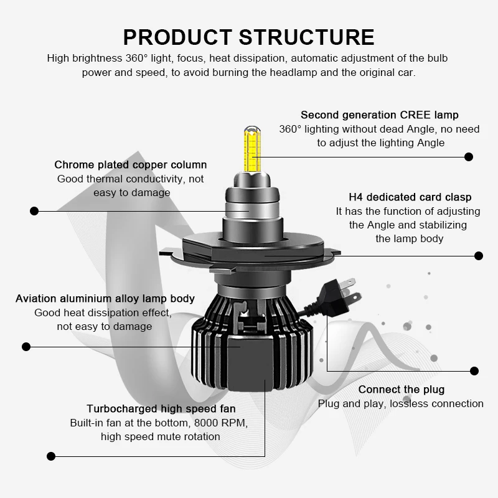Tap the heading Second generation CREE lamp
coord(379,115)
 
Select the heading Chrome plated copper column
coord(131,165)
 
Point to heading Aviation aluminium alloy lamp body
coord(105,299)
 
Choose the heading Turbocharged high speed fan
coord(161,409)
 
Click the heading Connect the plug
coord(402,390)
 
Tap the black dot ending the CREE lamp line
coord(469,157)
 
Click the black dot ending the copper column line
coord(35,211)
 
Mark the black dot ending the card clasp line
coord(479,255)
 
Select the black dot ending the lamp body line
coord(26,346)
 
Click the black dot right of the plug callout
coord(475,371)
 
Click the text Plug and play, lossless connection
coord(401,403)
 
